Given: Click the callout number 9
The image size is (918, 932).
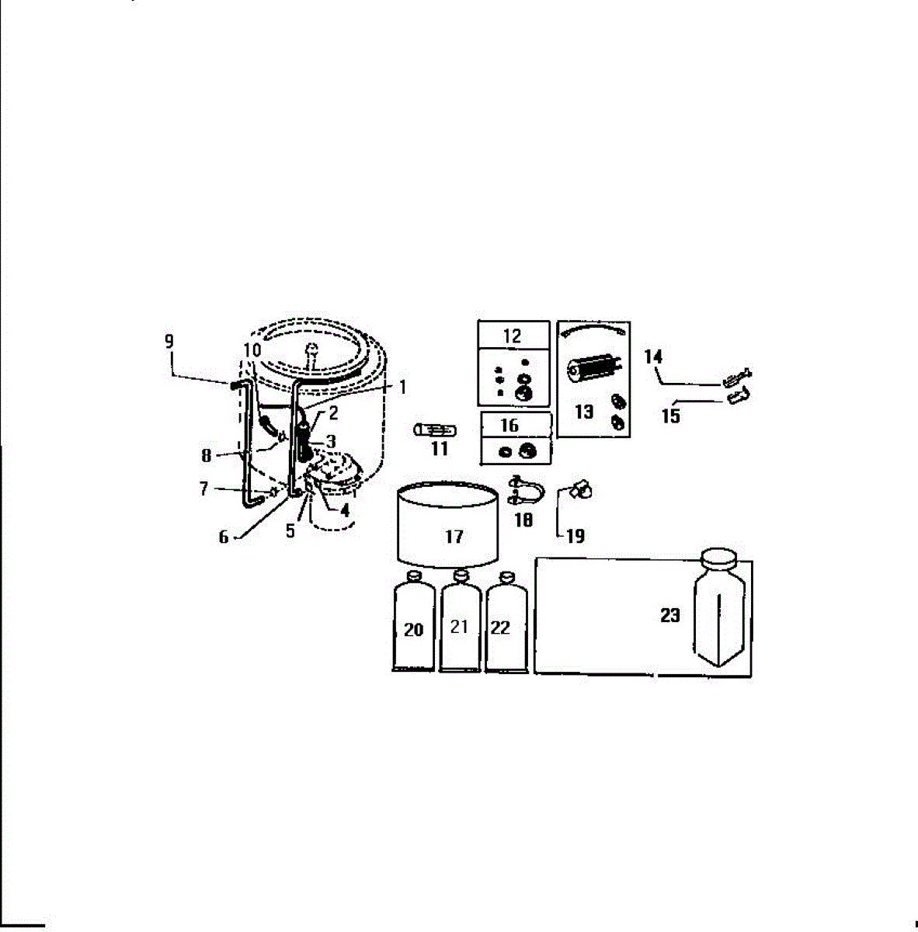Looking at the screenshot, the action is coord(169,341).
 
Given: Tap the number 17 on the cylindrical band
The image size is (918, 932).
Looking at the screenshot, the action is coord(454,536).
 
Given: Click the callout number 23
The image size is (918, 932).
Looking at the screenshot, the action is coord(670,615).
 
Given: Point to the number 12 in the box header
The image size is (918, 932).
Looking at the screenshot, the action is coord(512,336).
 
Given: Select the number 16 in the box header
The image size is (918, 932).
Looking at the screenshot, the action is coord(509,426).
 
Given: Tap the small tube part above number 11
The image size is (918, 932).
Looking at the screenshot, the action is coord(436,429).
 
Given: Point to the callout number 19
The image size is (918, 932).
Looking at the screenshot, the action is coord(575,536).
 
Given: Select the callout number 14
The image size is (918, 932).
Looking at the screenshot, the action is coord(653,356).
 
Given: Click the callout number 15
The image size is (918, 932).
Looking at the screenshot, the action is coord(671,416).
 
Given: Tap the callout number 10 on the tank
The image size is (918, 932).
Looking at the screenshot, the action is coord(252,350).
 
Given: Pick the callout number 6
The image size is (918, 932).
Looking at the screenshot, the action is coord(224,537).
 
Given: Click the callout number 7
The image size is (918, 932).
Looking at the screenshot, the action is coord(204,489).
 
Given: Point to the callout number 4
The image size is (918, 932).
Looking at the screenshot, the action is coord(345,511).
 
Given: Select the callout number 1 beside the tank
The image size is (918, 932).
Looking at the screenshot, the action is coord(402,386).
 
